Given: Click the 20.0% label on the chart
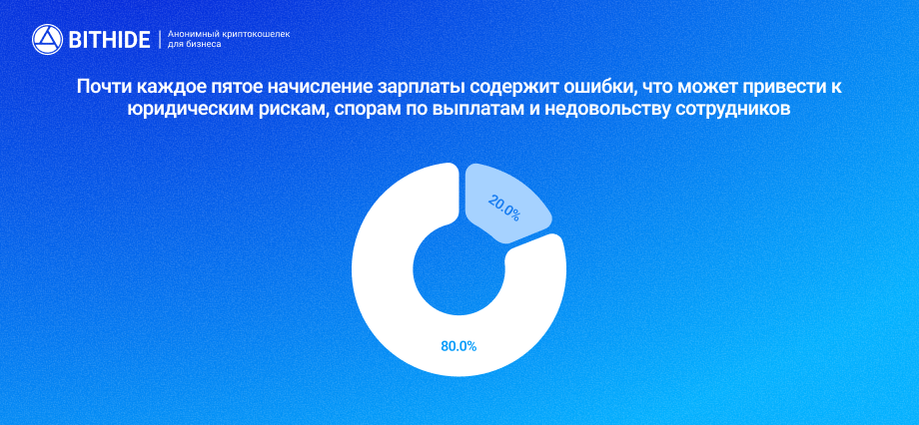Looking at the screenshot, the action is pos(503,208).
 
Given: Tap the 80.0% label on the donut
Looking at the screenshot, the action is pos(459,346).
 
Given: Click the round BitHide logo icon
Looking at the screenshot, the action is pos(47,40).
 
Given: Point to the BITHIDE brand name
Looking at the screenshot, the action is pos(109,40).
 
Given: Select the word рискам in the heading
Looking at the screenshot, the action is pos(289,110).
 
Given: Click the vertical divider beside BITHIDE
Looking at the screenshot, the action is pos(160,40).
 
